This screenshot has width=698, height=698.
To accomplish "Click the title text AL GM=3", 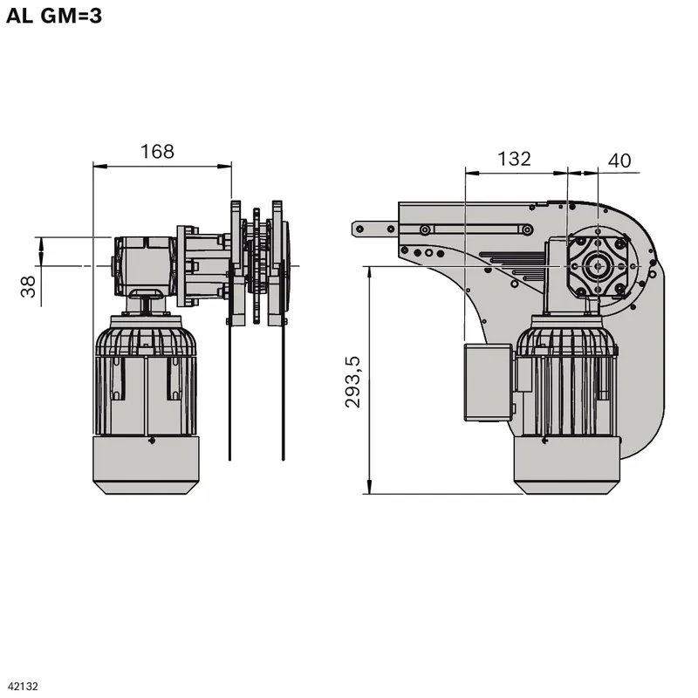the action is coord(54,16).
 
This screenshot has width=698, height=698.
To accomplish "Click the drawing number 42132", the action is coord(24,687).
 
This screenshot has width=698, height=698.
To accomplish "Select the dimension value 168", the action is coord(157,151).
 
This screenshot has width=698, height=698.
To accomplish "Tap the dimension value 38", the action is coord(28,287).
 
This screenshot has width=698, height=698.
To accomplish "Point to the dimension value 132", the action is coord(514,159).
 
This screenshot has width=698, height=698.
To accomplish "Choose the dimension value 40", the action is coord(619,161).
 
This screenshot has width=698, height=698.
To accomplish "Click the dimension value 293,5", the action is coord(353,382).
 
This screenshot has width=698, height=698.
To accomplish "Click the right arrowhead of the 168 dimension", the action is coord(224,167).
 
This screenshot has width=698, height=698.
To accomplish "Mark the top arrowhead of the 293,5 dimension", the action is coord(369,273).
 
